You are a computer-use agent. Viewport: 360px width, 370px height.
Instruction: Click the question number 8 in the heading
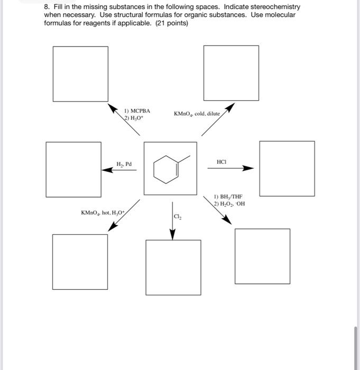click(46, 7)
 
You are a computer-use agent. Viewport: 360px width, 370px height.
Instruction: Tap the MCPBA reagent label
click(137, 110)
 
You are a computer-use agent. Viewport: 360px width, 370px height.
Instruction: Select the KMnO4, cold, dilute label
click(196, 114)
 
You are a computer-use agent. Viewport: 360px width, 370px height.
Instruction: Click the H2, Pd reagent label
click(125, 164)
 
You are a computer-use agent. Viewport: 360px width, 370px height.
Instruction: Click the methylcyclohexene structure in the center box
click(170, 168)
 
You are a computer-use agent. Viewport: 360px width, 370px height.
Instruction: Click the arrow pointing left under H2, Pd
click(119, 170)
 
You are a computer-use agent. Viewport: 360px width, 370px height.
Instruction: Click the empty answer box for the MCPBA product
click(80, 73)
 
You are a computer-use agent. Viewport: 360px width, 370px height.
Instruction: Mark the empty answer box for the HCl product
click(287, 169)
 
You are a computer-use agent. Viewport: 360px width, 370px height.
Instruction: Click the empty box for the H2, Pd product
click(73, 169)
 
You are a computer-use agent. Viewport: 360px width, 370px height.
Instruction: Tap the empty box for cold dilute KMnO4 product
click(231, 73)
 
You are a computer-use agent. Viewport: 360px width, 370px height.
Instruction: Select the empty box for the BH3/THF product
click(262, 256)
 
